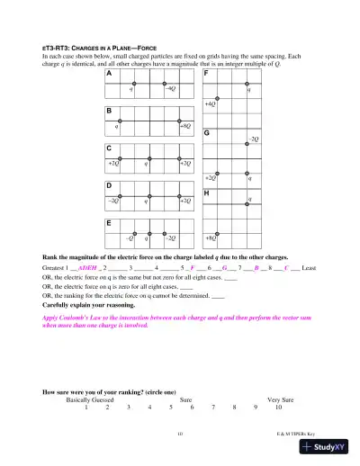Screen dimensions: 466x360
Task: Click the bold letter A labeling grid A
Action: [x=109, y=74]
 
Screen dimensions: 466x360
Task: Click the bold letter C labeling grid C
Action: [x=109, y=147]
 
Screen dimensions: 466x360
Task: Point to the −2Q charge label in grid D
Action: [x=113, y=201]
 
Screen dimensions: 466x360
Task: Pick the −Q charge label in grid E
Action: [x=130, y=238]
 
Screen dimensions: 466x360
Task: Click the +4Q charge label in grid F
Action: [x=210, y=105]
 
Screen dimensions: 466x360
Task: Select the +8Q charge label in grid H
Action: [x=211, y=238]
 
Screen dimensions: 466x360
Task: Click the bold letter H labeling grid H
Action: [x=207, y=193]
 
